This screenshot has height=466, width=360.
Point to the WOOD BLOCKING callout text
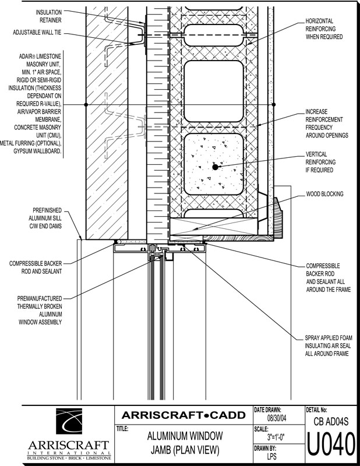[x=324, y=194]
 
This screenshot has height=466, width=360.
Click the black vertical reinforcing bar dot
[x=215, y=167]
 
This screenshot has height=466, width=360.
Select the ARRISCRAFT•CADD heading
[x=183, y=415]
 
